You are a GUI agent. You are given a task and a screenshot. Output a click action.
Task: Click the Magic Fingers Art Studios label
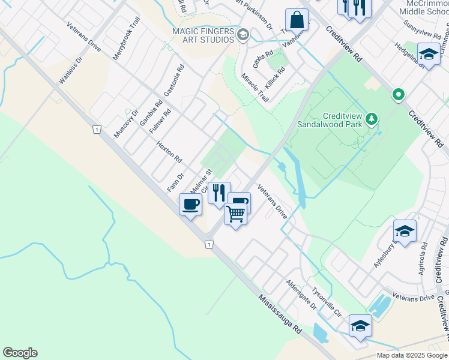point(203,35)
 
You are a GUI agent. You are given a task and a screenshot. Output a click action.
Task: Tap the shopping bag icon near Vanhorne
point(297,20)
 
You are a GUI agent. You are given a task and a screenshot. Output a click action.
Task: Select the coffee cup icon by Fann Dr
point(191,204)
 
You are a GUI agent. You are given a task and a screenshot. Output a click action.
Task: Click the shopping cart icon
point(236,212)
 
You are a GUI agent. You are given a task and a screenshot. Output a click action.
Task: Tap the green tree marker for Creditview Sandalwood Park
point(372,118)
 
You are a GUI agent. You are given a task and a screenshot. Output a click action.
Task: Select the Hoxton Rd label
point(169,152)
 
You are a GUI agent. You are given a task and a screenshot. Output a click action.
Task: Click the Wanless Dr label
point(68,72)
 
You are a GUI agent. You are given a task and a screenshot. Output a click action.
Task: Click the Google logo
point(20,353)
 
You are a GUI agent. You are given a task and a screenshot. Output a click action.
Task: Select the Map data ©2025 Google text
point(412,355)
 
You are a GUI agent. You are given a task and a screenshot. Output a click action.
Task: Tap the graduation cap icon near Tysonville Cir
point(360,326)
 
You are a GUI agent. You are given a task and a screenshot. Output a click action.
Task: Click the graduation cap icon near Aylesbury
point(405,231)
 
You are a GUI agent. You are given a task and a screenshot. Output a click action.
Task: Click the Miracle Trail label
point(255,88)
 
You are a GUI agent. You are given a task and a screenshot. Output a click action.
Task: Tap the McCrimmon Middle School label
point(424,8)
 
